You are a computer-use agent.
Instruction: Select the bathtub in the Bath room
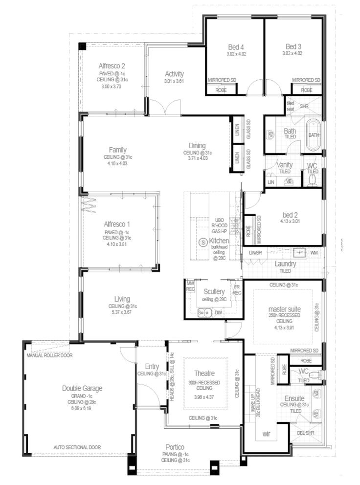313,134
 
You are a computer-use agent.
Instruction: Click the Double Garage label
82,388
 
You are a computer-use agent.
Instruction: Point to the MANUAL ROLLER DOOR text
49,355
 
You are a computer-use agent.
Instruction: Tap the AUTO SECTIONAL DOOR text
77,447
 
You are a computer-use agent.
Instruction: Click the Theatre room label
204,373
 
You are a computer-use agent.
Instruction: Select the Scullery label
215,291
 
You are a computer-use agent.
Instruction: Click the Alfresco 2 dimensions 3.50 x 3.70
111,87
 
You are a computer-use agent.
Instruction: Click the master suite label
284,309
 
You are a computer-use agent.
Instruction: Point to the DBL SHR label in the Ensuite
306,433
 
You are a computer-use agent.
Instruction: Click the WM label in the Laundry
314,252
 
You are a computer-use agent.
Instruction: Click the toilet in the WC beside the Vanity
313,180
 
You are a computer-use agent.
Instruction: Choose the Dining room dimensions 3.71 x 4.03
197,158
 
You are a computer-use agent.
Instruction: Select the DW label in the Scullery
219,312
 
